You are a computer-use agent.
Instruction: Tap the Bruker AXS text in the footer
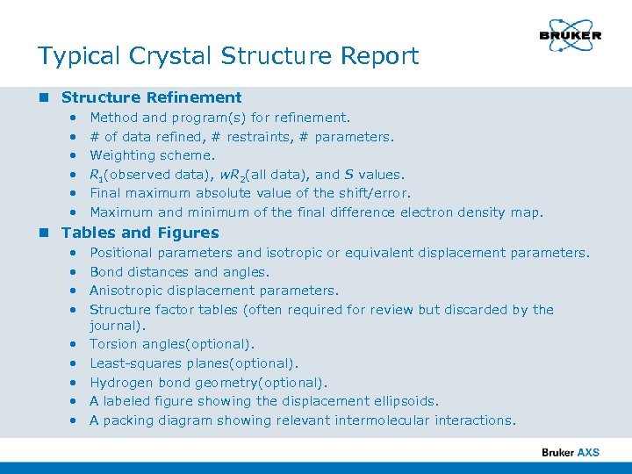point(571,452)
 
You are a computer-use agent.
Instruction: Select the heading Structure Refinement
point(151,97)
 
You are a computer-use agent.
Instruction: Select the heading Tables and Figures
point(140,233)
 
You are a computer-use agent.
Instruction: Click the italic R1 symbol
point(96,175)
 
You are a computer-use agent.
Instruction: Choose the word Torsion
point(113,344)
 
